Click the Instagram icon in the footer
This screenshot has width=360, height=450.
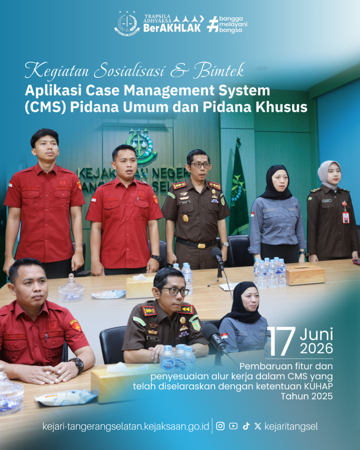pos(220,426)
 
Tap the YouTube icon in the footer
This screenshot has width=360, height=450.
pos(233,426)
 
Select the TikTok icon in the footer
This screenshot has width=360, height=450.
pos(246,426)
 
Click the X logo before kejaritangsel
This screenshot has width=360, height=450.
pos(257,426)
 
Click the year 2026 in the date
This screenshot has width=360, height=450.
pos(316,348)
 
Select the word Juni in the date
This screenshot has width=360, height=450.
pos(316,334)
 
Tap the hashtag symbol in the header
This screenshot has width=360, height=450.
pos(213,24)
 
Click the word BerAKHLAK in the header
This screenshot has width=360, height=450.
pos(172,28)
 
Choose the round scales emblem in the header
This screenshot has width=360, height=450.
pos(127,23)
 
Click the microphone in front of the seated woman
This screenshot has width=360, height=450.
pos(214,337)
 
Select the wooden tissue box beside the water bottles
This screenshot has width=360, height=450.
pos(305,275)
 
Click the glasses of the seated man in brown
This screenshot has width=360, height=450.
pos(174,291)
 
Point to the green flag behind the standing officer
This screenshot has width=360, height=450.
pos(238,189)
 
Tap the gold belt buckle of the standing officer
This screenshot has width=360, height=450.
pos(202,246)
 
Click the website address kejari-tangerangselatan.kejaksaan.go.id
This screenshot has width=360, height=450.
pos(126,426)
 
